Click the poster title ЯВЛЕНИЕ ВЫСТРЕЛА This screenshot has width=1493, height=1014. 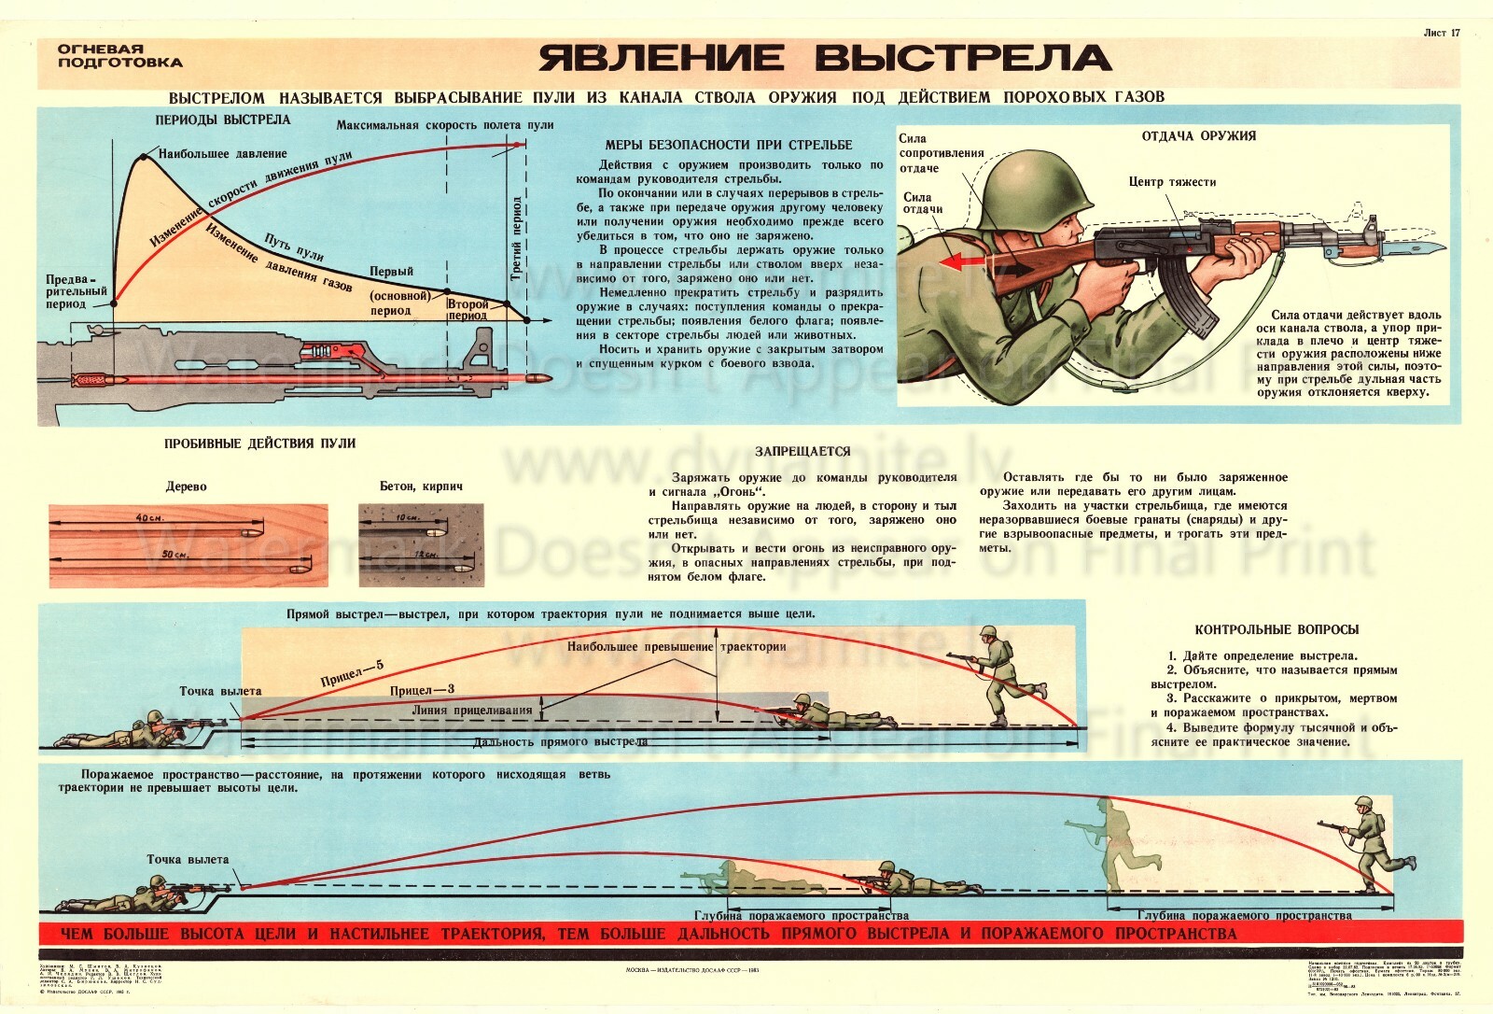point(825,58)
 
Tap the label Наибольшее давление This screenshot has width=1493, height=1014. point(222,154)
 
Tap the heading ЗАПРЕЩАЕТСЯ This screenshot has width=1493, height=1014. point(802,452)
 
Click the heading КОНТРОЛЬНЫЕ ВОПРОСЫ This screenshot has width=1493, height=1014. point(1277,630)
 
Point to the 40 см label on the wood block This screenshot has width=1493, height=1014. point(148,517)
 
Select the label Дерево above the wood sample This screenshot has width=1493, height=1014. point(187,487)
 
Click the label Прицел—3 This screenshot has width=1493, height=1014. point(422,691)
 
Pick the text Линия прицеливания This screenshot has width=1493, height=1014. point(472,711)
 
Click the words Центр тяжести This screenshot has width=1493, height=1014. point(1172,183)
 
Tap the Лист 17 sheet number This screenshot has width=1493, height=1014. point(1442,33)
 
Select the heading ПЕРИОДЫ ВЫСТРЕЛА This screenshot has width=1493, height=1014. point(223,120)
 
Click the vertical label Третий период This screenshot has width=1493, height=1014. point(517,238)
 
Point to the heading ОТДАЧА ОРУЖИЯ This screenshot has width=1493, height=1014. point(1198,136)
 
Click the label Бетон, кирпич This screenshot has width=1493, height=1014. point(421,487)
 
